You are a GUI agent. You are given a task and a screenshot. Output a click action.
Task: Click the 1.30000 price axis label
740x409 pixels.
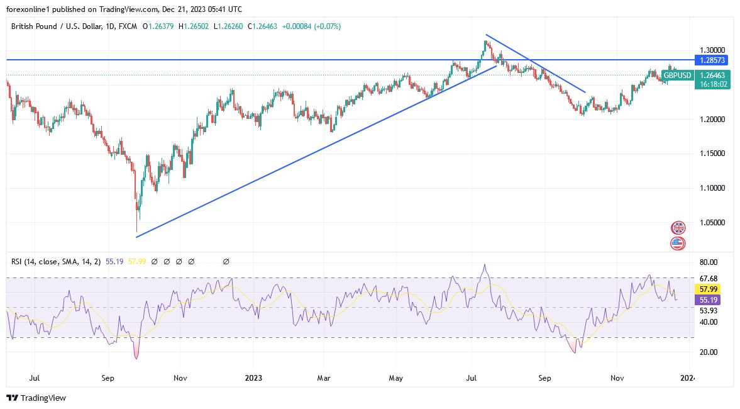(x=712, y=50)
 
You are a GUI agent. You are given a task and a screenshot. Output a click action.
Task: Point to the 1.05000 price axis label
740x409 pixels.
(x=712, y=222)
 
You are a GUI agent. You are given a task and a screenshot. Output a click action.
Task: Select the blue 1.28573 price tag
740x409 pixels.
(x=712, y=60)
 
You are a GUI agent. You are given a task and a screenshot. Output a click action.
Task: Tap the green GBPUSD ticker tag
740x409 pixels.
(x=677, y=76)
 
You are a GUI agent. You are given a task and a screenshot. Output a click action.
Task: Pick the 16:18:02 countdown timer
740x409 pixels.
(x=712, y=84)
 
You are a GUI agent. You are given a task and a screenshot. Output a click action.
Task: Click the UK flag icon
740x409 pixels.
(x=678, y=228)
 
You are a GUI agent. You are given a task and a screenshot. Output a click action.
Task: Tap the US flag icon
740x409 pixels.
(x=678, y=244)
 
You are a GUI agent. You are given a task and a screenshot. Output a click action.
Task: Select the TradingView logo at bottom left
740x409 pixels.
(x=36, y=398)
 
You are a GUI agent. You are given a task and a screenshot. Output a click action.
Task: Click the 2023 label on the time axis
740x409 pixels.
(x=253, y=378)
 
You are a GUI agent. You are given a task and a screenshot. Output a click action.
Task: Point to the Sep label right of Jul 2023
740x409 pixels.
(x=544, y=378)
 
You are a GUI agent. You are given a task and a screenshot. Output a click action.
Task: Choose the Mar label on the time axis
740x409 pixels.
(x=323, y=378)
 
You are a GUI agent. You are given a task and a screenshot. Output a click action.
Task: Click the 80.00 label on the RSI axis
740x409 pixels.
(x=709, y=262)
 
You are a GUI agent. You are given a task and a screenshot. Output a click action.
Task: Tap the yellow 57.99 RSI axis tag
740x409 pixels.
(x=709, y=289)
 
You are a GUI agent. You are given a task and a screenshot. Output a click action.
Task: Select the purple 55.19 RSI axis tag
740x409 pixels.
(x=709, y=300)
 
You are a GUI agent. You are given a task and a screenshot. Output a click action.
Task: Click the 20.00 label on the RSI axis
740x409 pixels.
(x=709, y=352)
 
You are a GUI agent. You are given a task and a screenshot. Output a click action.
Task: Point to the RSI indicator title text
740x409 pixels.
(x=53, y=261)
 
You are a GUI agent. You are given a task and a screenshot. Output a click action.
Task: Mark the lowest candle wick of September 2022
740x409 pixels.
(x=136, y=232)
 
